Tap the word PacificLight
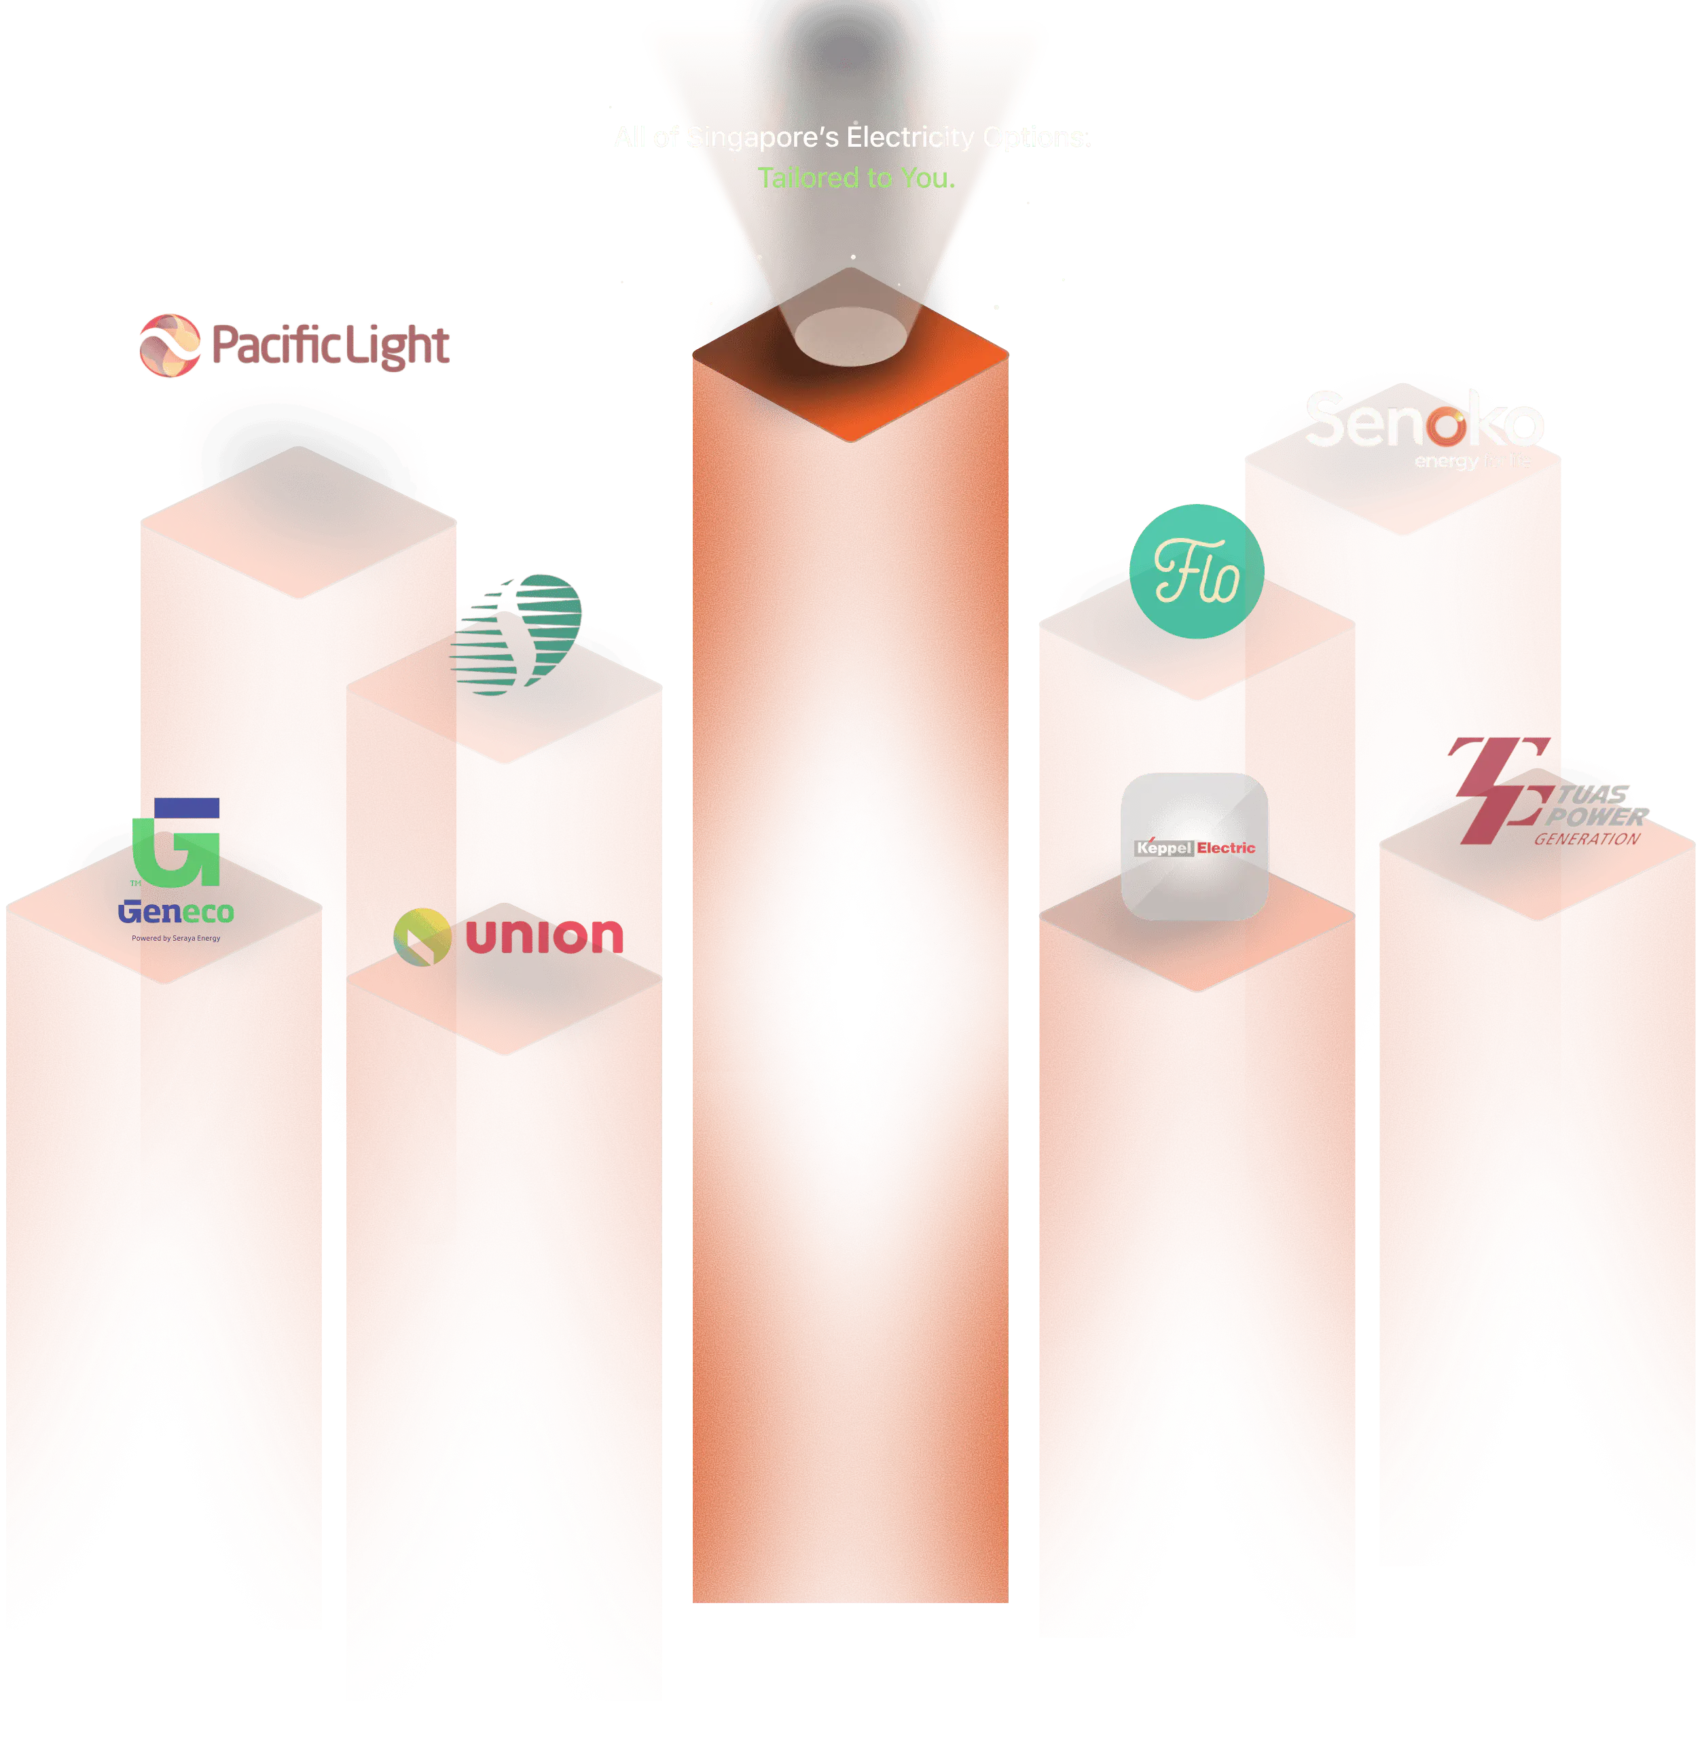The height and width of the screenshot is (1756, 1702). [x=329, y=346]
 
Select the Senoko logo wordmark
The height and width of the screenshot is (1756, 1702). [x=1424, y=421]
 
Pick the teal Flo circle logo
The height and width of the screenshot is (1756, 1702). [x=1196, y=571]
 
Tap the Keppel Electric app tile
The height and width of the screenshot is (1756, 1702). [x=1194, y=846]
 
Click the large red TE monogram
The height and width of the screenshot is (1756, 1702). [x=1498, y=789]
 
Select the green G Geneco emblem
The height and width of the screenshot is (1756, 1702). [x=177, y=842]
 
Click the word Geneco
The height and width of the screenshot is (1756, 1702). [x=176, y=912]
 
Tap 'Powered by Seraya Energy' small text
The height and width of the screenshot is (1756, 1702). [x=176, y=938]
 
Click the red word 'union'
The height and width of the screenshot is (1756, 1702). [x=544, y=935]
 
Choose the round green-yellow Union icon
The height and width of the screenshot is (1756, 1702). [x=421, y=936]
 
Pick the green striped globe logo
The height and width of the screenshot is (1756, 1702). [x=517, y=632]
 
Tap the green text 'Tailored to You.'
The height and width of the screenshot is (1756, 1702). [x=856, y=177]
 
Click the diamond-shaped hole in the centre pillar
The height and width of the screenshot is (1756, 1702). [x=854, y=980]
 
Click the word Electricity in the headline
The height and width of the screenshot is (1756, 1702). [x=910, y=137]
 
